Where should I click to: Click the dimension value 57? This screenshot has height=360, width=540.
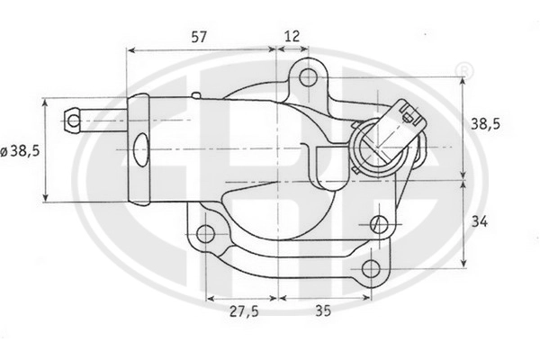click(200, 37)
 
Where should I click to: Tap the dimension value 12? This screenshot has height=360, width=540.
click(292, 36)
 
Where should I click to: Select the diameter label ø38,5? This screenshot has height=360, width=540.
click(21, 151)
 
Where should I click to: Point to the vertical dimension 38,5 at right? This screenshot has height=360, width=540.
click(485, 124)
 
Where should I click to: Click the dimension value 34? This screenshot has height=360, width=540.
click(480, 222)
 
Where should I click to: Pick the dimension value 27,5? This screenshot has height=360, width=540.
click(244, 311)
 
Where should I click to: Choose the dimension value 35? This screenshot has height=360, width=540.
click(323, 310)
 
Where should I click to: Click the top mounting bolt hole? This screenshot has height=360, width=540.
click(308, 77)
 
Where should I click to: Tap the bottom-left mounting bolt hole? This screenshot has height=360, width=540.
click(205, 234)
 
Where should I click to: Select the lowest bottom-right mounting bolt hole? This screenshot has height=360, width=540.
click(371, 269)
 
